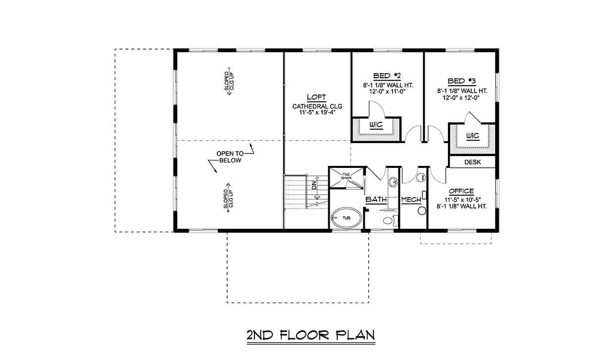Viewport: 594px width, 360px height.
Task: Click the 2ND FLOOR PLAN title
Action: click(x=311, y=335)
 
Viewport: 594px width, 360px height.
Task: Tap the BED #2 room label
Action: click(x=387, y=76)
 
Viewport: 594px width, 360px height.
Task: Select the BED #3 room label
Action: click(x=462, y=81)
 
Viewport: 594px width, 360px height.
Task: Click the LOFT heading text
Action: click(x=316, y=97)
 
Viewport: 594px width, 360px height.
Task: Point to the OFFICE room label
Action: click(x=461, y=191)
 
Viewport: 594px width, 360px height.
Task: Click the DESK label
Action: click(x=473, y=162)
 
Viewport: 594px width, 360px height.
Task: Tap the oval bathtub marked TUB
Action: click(x=346, y=218)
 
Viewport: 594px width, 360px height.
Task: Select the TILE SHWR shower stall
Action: click(x=346, y=177)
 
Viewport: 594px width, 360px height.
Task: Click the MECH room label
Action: click(x=411, y=200)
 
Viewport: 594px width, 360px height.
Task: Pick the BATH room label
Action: click(x=376, y=199)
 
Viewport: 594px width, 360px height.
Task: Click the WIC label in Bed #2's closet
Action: click(x=376, y=124)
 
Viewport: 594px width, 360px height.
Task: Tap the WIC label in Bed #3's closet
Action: click(x=473, y=136)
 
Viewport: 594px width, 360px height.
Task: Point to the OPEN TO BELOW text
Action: click(x=230, y=157)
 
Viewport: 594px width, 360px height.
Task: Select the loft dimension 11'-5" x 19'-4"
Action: click(x=317, y=112)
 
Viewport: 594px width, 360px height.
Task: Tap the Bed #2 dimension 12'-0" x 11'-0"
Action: click(x=388, y=92)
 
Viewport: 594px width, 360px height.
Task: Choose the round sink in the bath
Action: click(x=393, y=182)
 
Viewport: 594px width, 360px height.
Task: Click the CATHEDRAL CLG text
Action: click(x=317, y=106)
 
